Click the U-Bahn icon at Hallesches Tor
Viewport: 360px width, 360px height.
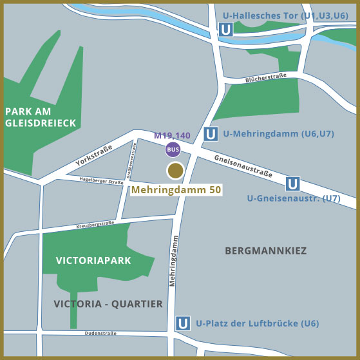click(x=225, y=30)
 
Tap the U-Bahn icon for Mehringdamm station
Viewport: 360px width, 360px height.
click(x=210, y=135)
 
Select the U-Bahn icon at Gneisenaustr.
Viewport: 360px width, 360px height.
click(x=293, y=184)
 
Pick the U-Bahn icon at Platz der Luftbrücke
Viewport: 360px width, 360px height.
click(x=184, y=323)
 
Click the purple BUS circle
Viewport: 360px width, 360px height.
click(x=173, y=150)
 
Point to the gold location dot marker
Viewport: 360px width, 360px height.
click(x=175, y=170)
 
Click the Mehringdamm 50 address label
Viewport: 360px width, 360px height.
click(x=176, y=191)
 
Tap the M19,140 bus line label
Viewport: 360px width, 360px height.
click(x=172, y=136)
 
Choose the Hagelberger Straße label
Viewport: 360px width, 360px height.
click(x=102, y=182)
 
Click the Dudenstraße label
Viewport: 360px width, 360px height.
click(x=100, y=334)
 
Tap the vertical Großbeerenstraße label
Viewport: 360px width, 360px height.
click(x=131, y=160)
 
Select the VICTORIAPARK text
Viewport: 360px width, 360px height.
click(x=93, y=261)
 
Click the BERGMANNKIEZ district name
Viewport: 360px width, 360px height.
click(x=265, y=251)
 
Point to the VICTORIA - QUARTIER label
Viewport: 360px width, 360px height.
click(x=108, y=303)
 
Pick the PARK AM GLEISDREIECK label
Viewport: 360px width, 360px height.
click(x=41, y=117)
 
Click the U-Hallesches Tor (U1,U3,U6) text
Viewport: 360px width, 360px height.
click(x=285, y=15)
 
